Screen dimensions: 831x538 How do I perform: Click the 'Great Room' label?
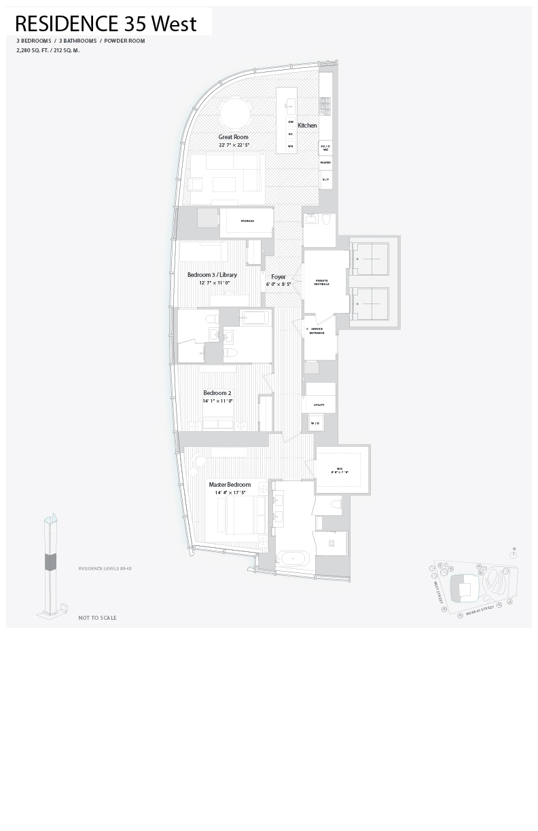(x=233, y=137)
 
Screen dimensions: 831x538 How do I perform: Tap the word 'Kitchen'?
(x=307, y=126)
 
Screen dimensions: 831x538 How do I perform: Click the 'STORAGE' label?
(x=247, y=221)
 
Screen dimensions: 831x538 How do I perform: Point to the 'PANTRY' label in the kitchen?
(x=325, y=163)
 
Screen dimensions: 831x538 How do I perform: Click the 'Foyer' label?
(x=279, y=277)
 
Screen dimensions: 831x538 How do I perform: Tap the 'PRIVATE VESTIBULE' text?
(x=321, y=282)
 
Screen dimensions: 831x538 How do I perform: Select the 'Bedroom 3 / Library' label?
(x=212, y=275)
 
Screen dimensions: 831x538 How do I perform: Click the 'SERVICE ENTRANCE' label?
(x=317, y=331)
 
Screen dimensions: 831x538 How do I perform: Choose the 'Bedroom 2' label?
(x=217, y=393)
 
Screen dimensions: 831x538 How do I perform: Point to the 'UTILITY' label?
(x=319, y=405)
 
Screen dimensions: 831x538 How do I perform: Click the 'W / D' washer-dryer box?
(x=315, y=423)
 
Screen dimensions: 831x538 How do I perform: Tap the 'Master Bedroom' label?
(x=230, y=485)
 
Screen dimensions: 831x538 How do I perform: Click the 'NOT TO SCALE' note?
(x=97, y=618)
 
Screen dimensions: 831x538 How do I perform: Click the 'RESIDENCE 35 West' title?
(x=106, y=24)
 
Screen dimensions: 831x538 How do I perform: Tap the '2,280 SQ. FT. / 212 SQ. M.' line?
(x=48, y=50)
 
